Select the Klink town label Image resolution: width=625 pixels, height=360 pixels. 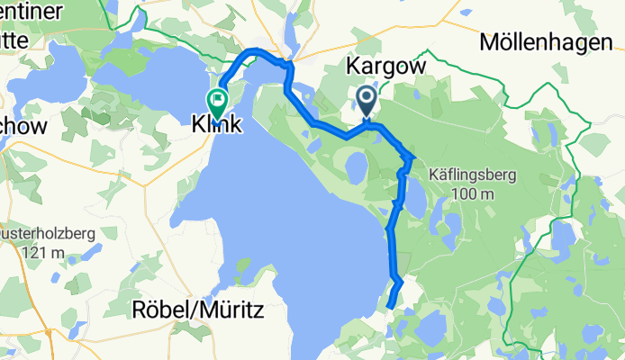216,126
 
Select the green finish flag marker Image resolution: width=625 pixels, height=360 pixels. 217,99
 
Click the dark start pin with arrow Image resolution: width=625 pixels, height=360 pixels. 367,99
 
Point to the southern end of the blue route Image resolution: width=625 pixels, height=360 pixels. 390,307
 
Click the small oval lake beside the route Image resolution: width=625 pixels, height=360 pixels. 356,166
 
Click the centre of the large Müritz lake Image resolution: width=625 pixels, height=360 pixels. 288,225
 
